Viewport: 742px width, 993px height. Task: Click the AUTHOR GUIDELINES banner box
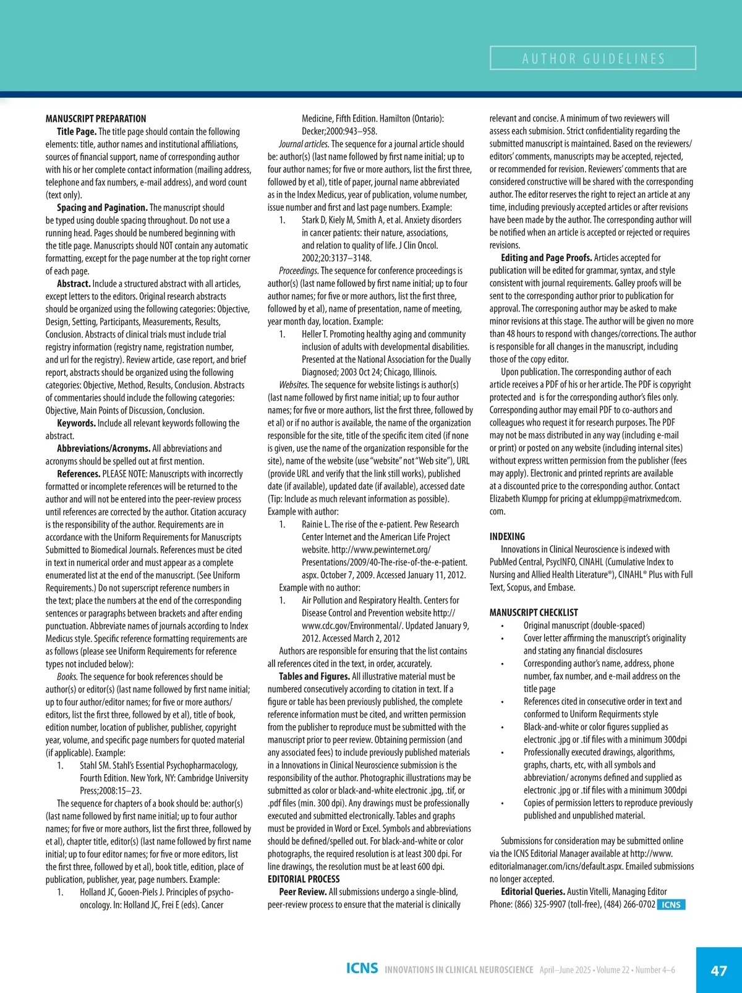(593, 58)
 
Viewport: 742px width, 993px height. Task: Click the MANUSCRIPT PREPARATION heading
(96, 119)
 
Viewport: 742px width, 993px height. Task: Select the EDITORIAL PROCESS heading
(304, 879)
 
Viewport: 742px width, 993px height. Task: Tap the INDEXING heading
(507, 536)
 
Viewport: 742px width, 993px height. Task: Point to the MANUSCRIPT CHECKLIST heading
(534, 612)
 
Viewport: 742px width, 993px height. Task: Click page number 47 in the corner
(719, 970)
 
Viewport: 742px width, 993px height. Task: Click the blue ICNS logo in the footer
(362, 968)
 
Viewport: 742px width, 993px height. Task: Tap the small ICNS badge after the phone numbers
(671, 905)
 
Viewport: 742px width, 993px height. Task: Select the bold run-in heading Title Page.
(77, 132)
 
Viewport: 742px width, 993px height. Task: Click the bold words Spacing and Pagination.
(102, 208)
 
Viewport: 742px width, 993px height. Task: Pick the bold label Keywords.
(76, 423)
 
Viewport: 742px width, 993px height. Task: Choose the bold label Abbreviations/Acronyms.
(103, 448)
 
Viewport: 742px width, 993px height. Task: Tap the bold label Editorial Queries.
(533, 892)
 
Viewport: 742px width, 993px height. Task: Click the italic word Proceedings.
(298, 271)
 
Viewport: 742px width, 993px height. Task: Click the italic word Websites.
(294, 385)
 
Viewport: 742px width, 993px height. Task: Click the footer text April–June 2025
(565, 970)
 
